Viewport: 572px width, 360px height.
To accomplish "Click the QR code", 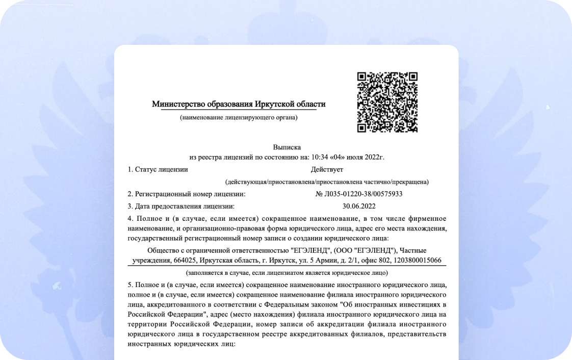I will click(x=387, y=102).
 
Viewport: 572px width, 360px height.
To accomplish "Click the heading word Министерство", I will click(x=178, y=105).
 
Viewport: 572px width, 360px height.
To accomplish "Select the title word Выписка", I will click(x=287, y=147).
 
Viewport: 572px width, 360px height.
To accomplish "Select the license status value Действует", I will click(x=327, y=169).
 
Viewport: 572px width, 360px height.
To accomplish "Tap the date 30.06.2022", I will click(x=359, y=207).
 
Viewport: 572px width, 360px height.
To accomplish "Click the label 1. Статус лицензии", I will click(x=158, y=169).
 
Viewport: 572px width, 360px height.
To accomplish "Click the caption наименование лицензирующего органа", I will click(x=239, y=118).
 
